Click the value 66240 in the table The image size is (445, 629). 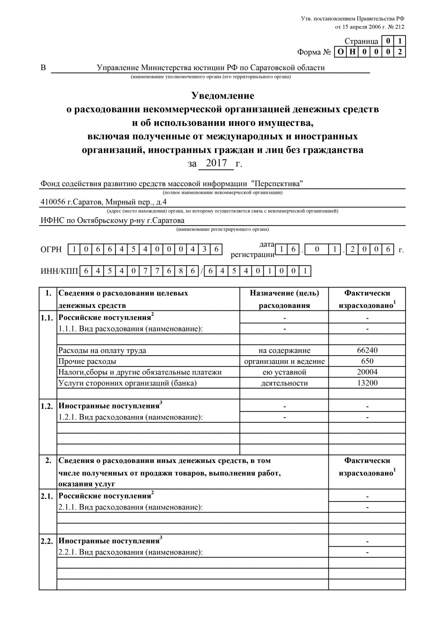(x=367, y=351)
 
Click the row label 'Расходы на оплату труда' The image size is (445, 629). (x=102, y=351)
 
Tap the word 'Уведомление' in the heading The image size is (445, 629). (x=222, y=96)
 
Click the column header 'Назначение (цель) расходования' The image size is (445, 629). (x=284, y=299)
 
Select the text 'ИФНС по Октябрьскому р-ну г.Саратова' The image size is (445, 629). (x=112, y=220)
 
